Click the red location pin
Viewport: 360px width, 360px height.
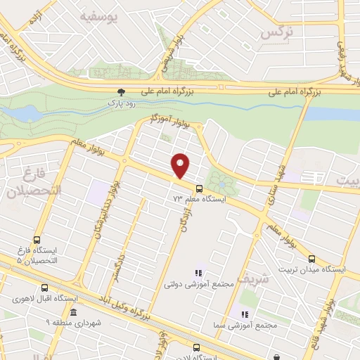tap(181, 165)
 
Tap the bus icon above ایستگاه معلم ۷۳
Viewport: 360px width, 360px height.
tap(199, 188)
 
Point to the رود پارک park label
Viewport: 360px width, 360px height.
tap(121, 103)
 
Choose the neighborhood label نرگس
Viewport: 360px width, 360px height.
tap(276, 33)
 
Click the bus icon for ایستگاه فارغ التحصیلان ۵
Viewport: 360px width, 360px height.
tap(37, 239)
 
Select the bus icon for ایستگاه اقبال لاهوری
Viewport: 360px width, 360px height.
tap(45, 288)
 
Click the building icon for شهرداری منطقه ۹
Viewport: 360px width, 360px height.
tap(72, 312)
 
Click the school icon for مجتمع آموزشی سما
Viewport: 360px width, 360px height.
tap(245, 314)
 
